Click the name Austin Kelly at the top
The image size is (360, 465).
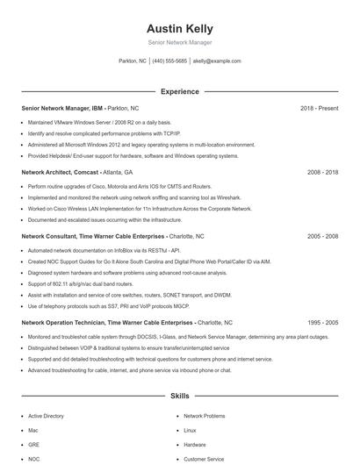coord(179,28)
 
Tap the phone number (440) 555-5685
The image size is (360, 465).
coord(169,61)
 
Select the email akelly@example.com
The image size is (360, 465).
coord(217,61)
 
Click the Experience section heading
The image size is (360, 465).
coord(179,91)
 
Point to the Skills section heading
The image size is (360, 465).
coord(179,397)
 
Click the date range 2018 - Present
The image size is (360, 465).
coord(319,108)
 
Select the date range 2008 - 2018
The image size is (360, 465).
coord(322,172)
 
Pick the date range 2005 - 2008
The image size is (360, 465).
coord(322,236)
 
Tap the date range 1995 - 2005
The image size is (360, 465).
coord(322,322)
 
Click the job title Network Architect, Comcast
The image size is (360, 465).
coord(59,172)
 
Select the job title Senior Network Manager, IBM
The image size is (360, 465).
coord(61,108)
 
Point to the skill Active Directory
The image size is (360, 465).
coord(46,416)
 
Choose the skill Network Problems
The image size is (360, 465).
coord(204,416)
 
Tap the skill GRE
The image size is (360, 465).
coord(33,445)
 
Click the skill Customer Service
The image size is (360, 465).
coord(203,459)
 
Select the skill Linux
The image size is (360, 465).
coord(190,431)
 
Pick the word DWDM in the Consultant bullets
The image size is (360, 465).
coord(223,296)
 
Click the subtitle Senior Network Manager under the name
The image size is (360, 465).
coord(179,42)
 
